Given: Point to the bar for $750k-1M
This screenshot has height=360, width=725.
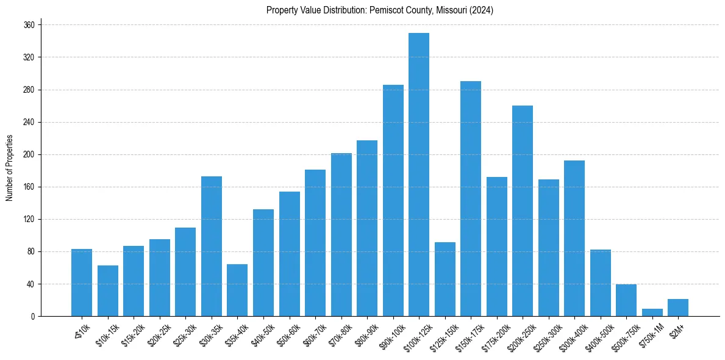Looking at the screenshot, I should click(652, 312).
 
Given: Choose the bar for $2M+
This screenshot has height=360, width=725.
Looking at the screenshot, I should click(678, 308).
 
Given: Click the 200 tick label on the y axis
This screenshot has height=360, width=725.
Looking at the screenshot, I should click(29, 154).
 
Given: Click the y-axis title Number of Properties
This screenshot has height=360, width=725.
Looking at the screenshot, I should click(9, 167).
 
